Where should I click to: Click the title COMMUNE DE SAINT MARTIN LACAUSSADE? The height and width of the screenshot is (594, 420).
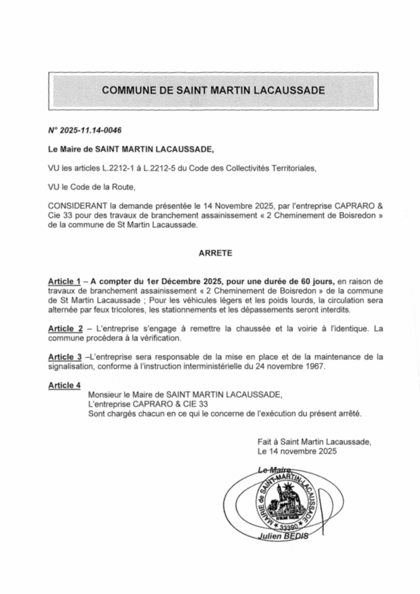(x=213, y=91)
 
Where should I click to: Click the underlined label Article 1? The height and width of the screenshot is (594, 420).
(x=64, y=280)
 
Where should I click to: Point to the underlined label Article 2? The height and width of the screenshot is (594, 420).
(x=64, y=328)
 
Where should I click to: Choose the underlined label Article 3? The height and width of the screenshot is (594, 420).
(x=64, y=357)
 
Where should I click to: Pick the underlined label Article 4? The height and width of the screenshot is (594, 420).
(x=64, y=385)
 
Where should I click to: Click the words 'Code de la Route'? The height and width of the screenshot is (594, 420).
(x=107, y=187)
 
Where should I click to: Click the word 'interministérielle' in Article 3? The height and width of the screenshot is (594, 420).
(x=219, y=367)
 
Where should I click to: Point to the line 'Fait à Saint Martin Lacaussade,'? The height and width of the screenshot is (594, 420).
(x=314, y=441)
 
